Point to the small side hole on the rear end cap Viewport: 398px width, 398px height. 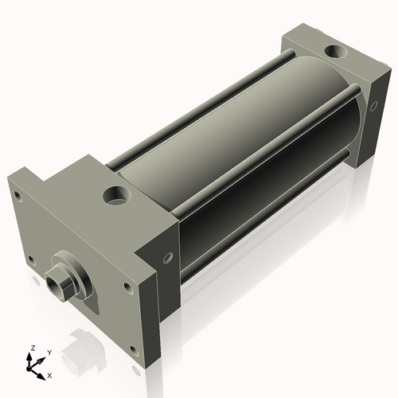pos(373,104)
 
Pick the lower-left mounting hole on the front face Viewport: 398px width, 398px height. pos(31,259)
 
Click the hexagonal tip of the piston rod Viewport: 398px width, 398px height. pos(58,282)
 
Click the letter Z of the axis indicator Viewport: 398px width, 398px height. pos(32,348)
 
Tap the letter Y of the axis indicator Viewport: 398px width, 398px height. pos(49,352)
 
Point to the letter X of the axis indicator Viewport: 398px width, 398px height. pos(50,374)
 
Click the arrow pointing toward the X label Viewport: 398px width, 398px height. pos(41,370)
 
